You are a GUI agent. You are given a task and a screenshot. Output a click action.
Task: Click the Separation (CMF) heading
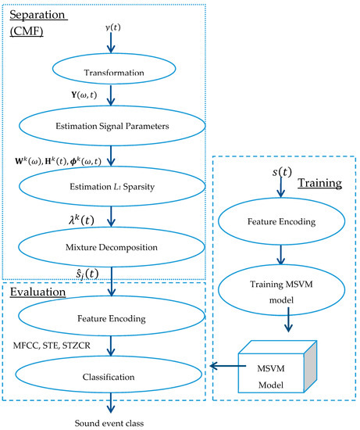tap(40, 25)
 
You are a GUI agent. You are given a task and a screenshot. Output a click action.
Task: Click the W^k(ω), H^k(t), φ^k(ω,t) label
tap(61, 162)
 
